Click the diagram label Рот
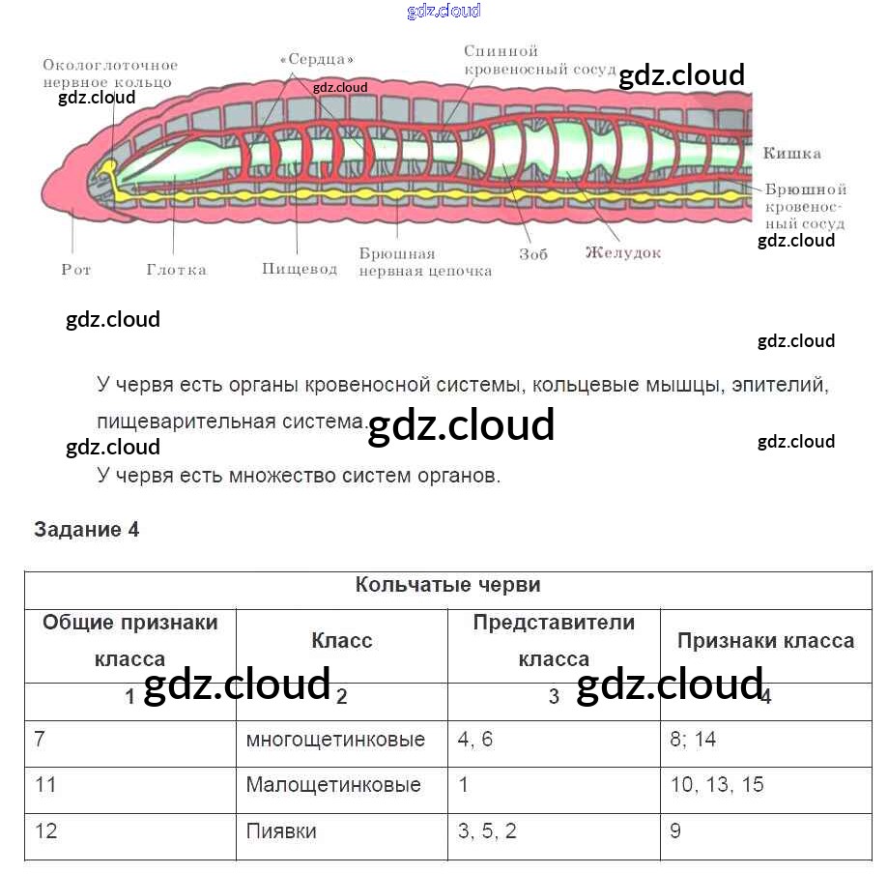[76, 270]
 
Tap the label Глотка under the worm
[176, 270]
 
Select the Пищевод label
[300, 269]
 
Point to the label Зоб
[532, 254]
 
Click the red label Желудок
[623, 253]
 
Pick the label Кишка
[791, 153]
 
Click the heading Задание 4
[87, 530]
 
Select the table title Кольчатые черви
[447, 585]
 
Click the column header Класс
[342, 641]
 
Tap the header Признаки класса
[765, 641]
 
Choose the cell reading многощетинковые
[335, 740]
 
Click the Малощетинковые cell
[333, 784]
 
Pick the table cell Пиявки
[281, 830]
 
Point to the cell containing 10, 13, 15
[717, 784]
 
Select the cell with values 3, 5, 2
[488, 830]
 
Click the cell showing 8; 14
[693, 740]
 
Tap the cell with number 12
[45, 830]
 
